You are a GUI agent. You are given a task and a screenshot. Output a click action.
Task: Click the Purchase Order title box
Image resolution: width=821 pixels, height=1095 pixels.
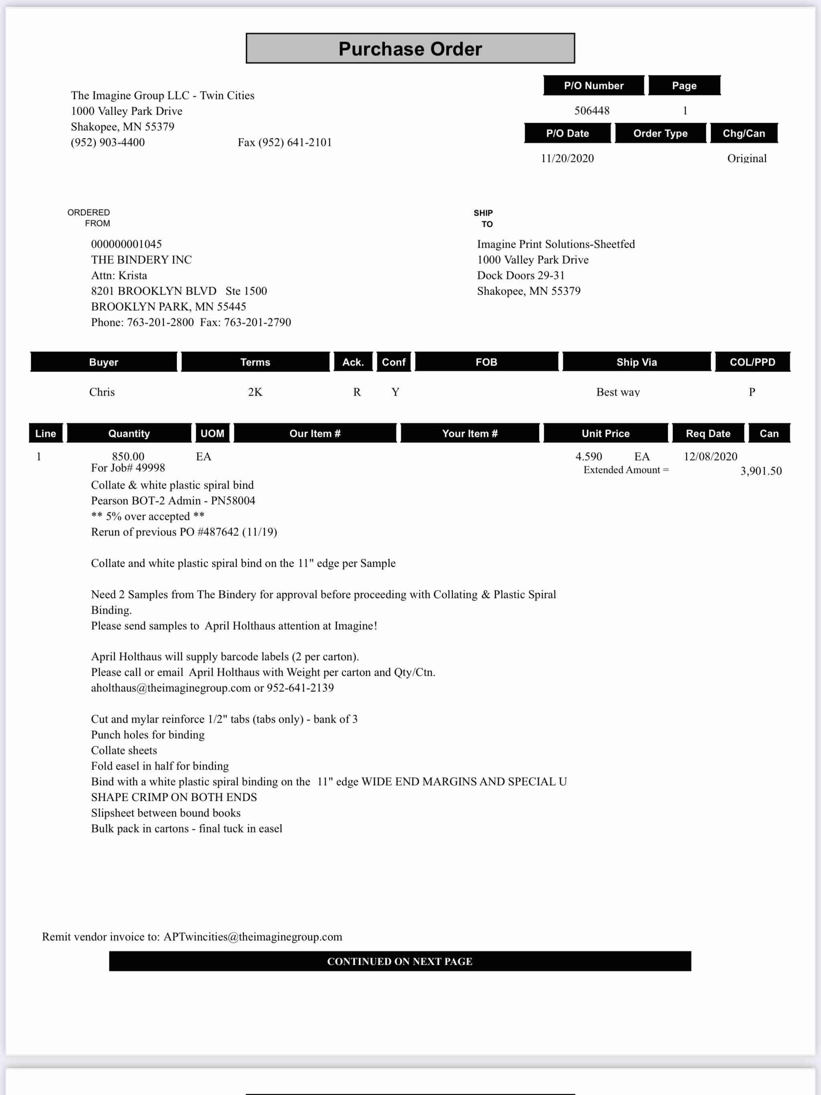[410, 48]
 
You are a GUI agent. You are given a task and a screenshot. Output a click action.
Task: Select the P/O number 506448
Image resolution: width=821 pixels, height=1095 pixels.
[592, 110]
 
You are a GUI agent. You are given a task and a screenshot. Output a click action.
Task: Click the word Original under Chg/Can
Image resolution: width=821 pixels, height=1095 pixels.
[746, 158]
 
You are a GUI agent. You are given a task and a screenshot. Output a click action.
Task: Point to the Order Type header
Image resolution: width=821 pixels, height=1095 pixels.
[660, 133]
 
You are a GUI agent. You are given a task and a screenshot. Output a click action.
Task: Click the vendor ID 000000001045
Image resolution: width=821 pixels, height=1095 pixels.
[126, 244]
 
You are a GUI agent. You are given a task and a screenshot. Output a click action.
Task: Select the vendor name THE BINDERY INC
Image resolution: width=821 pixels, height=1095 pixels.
[141, 260]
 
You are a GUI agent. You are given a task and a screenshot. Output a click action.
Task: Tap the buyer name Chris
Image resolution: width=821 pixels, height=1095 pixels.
[102, 392]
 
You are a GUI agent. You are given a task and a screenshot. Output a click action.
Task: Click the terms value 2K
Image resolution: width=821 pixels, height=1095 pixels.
[255, 392]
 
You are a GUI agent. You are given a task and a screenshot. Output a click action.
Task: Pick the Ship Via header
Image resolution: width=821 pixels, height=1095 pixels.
[636, 362]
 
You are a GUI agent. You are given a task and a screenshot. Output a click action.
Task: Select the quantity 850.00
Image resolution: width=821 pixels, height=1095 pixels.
[128, 457]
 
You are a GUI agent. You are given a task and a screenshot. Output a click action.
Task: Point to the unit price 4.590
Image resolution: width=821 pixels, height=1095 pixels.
[588, 457]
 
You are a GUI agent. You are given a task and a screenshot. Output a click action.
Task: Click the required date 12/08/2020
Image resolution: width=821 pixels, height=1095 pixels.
[710, 457]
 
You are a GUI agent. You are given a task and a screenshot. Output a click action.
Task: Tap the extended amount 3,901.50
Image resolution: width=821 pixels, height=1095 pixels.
[760, 471]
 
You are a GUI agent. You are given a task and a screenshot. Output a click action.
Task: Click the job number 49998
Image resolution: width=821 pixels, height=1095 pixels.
[151, 468]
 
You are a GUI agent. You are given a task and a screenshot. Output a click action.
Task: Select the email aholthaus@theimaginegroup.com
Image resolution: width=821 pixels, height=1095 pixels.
[171, 688]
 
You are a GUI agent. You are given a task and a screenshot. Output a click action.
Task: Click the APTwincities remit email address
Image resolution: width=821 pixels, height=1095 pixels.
[253, 937]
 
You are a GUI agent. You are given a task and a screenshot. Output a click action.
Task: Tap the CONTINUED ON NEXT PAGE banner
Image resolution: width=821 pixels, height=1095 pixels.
[400, 962]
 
